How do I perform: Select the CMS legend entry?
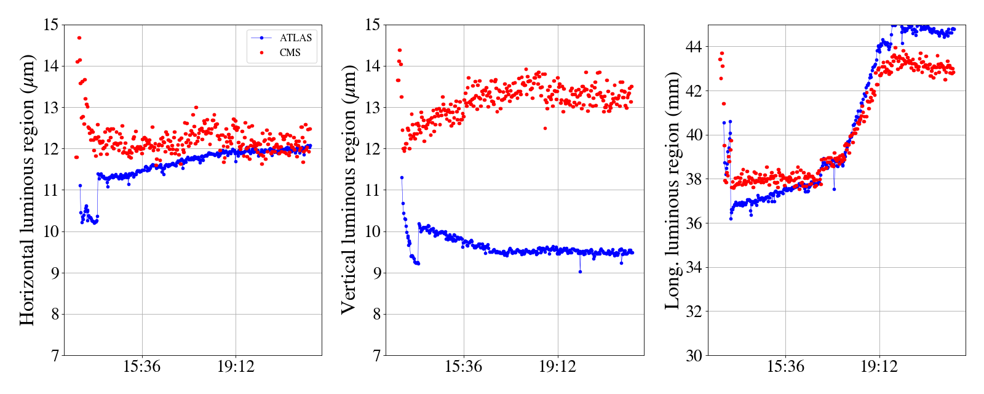(x=290, y=53)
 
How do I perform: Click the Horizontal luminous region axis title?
(x=27, y=190)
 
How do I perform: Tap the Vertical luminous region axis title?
(x=348, y=190)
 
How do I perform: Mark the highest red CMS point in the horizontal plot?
(x=79, y=38)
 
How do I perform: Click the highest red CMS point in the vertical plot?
(x=400, y=50)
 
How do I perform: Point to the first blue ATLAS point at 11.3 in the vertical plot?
(x=402, y=177)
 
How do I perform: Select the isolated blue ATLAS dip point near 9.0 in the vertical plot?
(x=580, y=271)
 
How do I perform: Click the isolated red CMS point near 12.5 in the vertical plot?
(x=545, y=128)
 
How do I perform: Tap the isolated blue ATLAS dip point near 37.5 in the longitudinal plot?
(x=834, y=189)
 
